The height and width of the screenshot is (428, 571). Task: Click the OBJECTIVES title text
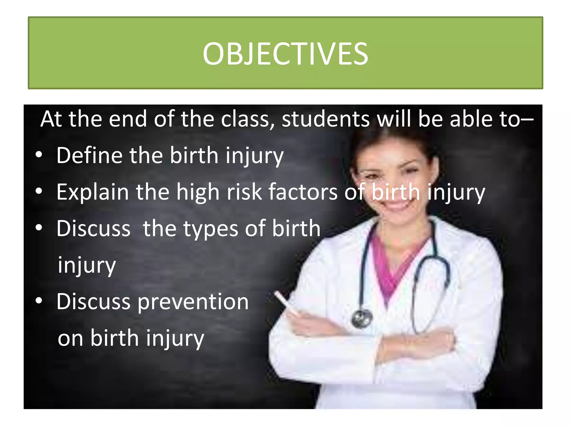[x=285, y=54]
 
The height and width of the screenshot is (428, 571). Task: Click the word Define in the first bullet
[x=89, y=155]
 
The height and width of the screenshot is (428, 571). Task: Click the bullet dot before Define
[x=39, y=155]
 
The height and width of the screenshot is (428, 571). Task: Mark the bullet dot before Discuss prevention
[x=39, y=301]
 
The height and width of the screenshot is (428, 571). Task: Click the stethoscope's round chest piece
[x=362, y=318]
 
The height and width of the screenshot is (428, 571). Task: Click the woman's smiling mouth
[x=396, y=206]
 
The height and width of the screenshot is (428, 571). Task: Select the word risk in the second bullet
[x=244, y=192]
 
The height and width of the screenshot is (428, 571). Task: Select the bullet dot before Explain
[x=39, y=191]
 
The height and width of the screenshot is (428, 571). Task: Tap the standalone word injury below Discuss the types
[x=87, y=266]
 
